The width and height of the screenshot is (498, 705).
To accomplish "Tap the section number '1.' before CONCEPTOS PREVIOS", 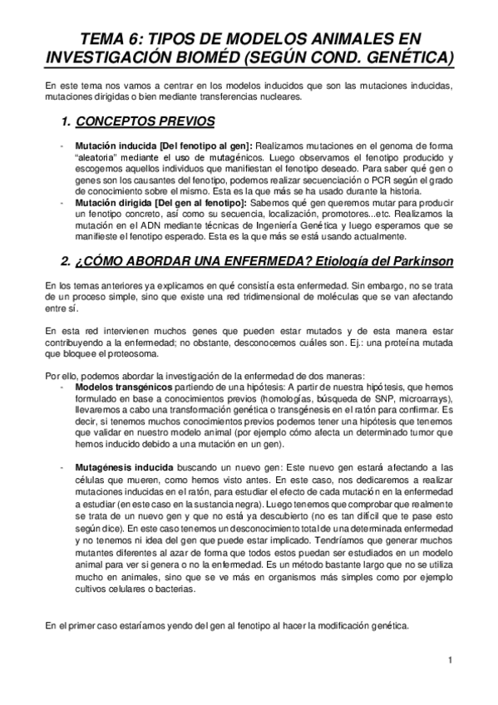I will point(67,121).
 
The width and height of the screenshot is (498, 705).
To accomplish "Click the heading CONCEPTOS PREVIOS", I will point(145,121).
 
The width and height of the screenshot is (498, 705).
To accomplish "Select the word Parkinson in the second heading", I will point(414,261).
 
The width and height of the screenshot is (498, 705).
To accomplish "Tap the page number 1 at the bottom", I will point(449,660).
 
